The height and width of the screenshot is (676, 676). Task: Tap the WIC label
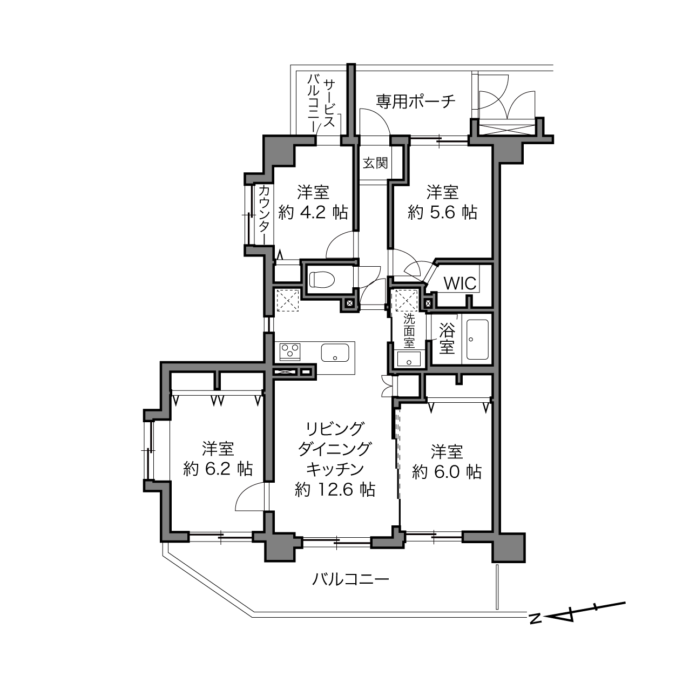tap(460, 283)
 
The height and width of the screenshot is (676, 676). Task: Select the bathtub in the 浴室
tap(477, 339)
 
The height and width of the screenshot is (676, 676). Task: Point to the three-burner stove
tap(290, 351)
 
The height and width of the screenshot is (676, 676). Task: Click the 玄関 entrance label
tap(375, 163)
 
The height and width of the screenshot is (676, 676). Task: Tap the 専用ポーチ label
tap(416, 102)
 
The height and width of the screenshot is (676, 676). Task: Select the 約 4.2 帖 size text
tap(313, 213)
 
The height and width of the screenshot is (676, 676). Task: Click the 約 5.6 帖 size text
tap(442, 213)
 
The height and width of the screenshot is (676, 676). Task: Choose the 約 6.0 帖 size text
tap(447, 472)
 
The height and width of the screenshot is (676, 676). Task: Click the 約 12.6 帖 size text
tap(335, 489)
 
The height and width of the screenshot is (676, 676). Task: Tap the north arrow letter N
tap(535, 619)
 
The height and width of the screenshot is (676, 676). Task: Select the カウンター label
tap(265, 213)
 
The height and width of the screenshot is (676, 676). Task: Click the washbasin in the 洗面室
tap(409, 359)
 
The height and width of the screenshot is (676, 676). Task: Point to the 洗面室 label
tap(409, 330)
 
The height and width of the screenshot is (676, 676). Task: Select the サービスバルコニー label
tap(321, 105)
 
